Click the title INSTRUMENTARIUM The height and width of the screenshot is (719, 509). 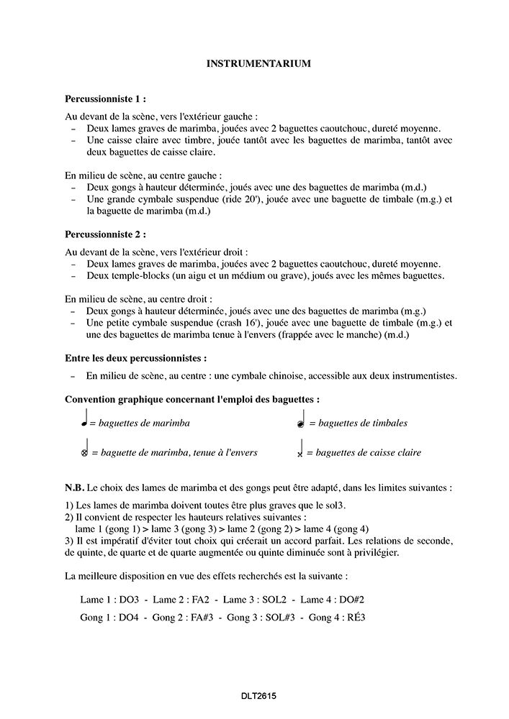coord(258,64)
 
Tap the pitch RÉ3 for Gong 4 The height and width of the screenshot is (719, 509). coord(353,617)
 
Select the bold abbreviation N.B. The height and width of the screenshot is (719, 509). coord(74,487)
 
